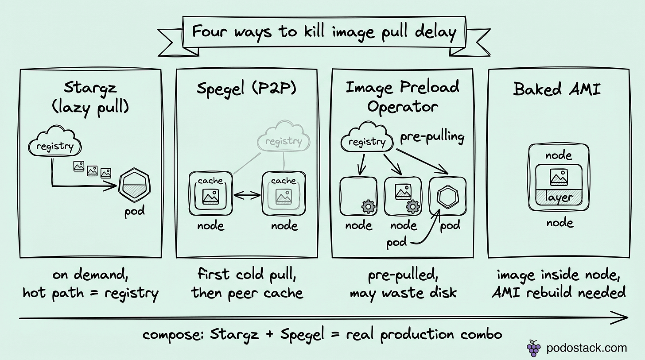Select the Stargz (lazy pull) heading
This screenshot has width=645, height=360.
(x=90, y=97)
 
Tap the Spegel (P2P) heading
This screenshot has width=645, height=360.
(x=246, y=89)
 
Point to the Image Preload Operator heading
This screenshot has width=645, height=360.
(x=402, y=97)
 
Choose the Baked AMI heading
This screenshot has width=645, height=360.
(x=557, y=89)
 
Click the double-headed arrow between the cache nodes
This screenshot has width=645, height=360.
(x=247, y=195)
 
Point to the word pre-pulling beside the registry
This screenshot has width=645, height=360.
(x=432, y=137)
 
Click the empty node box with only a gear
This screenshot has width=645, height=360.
(x=358, y=196)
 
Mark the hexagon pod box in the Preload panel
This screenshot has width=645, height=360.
(x=447, y=197)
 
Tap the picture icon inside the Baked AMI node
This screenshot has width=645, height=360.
(x=558, y=177)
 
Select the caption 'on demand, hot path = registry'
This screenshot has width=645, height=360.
(x=90, y=283)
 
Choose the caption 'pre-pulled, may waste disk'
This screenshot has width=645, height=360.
(x=403, y=283)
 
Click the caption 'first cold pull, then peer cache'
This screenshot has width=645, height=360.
(x=247, y=283)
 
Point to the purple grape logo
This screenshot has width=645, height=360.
(x=533, y=348)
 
